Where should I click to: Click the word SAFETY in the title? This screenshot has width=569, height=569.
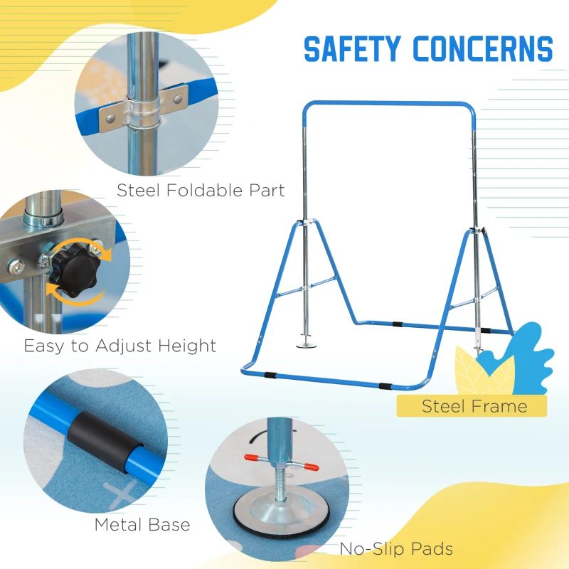352,48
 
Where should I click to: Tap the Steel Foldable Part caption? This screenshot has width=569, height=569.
201,191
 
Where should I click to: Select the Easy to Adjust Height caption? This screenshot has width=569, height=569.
120,346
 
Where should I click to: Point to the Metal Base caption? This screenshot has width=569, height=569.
142,525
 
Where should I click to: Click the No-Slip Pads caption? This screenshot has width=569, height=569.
396,549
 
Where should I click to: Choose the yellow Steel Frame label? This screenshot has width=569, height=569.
472,406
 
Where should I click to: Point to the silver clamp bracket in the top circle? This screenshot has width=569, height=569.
144,108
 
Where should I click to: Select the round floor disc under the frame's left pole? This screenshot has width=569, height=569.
307,345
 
